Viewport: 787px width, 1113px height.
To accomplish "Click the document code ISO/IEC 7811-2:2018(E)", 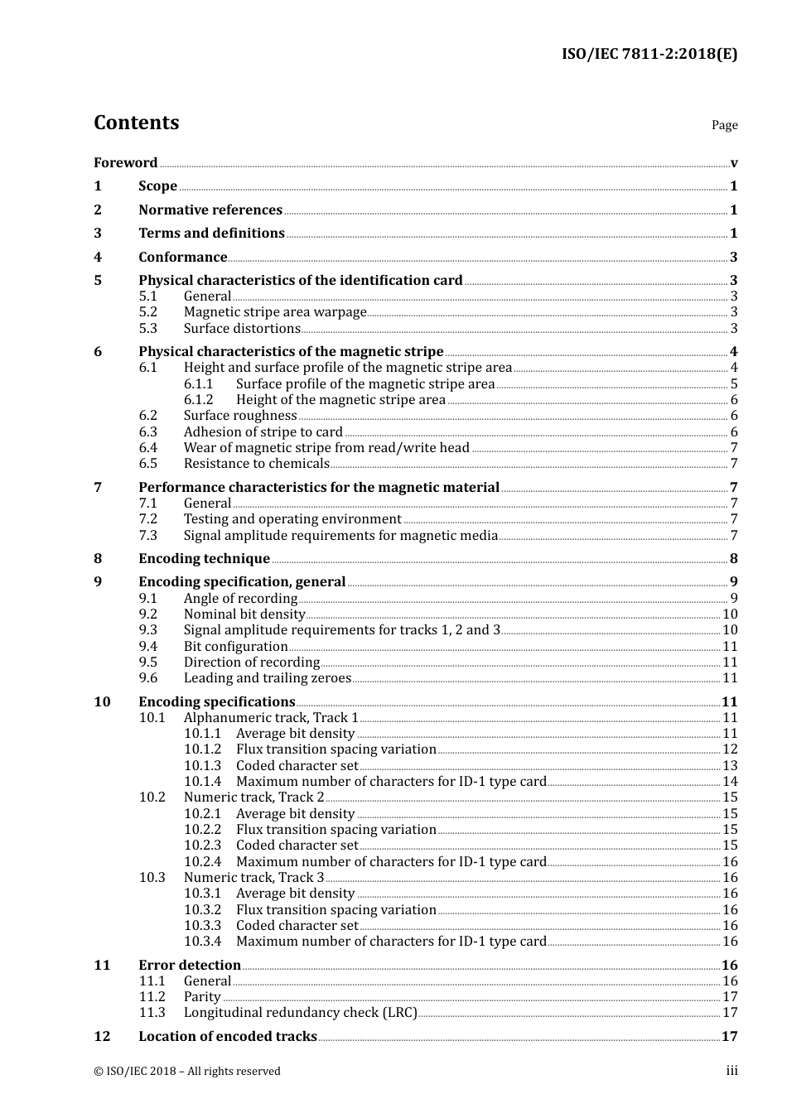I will [x=649, y=55].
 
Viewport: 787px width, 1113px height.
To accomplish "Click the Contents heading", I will [x=136, y=123].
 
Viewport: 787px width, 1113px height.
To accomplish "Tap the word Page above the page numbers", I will [x=724, y=125].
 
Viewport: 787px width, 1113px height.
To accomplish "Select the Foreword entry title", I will [x=125, y=163].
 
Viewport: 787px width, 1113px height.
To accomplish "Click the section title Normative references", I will [x=210, y=210].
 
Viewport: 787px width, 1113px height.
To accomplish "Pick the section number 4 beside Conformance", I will [x=98, y=258].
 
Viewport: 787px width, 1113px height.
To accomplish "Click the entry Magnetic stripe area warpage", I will [x=275, y=312].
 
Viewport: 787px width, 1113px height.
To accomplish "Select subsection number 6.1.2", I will [x=199, y=400].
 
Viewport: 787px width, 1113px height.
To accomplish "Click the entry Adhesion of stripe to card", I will [x=263, y=432].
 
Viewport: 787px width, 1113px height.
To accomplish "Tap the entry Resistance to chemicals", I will [x=256, y=464].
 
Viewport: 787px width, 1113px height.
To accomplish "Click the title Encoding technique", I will [x=204, y=559].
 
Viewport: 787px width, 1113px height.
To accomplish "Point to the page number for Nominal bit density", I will [x=729, y=614].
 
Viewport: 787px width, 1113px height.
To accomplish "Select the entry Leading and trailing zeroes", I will [x=268, y=678].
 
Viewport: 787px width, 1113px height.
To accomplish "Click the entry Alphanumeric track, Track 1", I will [x=271, y=718].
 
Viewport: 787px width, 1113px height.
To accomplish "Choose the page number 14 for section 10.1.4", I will [x=729, y=782].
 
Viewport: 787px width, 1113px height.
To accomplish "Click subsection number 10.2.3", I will [x=202, y=846].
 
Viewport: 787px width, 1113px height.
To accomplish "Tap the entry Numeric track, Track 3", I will [x=253, y=878].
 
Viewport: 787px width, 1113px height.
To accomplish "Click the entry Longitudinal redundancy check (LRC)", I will [x=300, y=1013].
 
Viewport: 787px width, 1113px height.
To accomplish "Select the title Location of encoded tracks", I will [x=227, y=1037].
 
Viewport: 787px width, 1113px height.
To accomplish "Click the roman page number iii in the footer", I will [x=731, y=1071].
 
